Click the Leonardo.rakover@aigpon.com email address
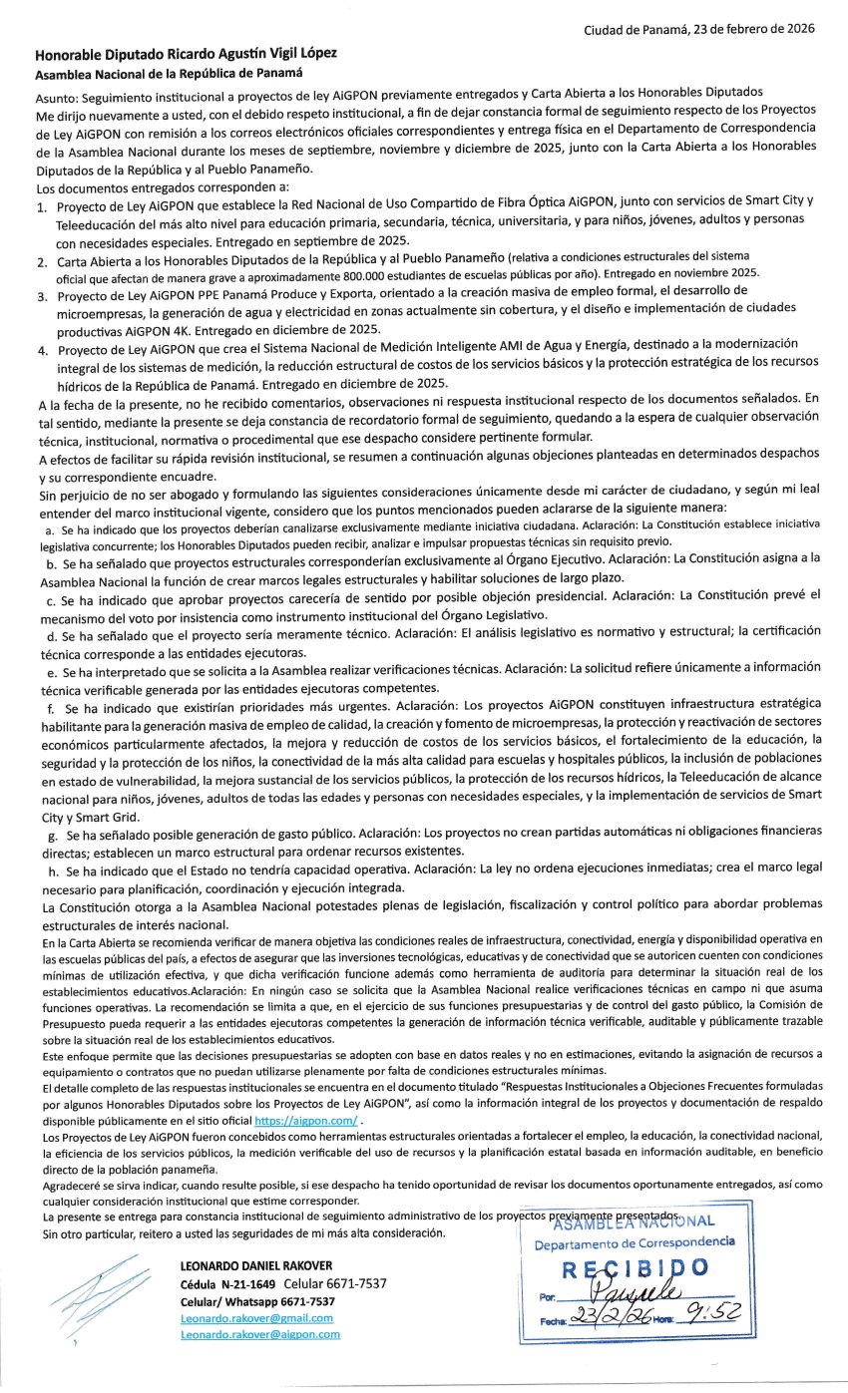pyautogui.click(x=259, y=1334)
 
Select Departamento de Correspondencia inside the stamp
pyautogui.click(x=634, y=1242)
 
